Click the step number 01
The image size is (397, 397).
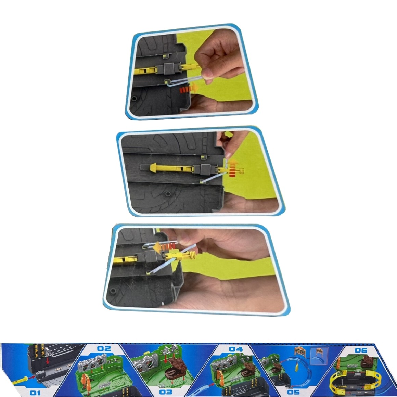(x=35, y=393)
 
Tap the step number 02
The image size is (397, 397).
(x=104, y=349)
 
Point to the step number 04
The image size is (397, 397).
(x=236, y=349)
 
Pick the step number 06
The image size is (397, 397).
(x=361, y=350)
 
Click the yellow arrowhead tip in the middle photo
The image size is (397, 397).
(x=150, y=167)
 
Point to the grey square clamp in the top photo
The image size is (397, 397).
(x=169, y=69)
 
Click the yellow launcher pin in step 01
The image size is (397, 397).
(x=21, y=381)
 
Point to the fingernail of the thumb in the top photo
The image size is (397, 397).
(x=208, y=74)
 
